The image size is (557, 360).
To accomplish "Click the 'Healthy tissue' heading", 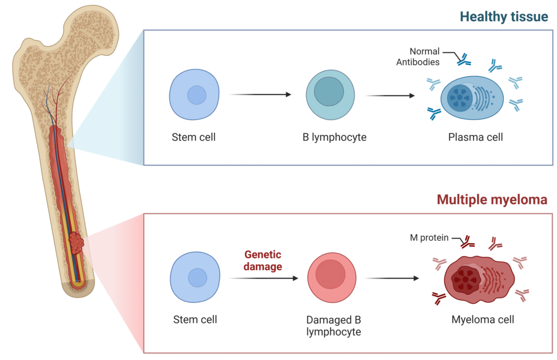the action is click(x=504, y=17).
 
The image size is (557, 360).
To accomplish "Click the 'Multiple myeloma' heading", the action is click(x=492, y=200).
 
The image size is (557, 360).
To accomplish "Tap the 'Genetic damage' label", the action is click(x=263, y=260).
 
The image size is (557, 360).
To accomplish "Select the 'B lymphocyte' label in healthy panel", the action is click(x=335, y=137).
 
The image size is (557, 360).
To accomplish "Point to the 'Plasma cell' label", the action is click(x=475, y=137).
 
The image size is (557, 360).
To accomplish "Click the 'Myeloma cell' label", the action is click(x=482, y=320).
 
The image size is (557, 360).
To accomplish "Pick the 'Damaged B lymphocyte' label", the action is click(x=333, y=326).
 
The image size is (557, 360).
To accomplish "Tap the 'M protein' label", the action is click(x=429, y=238).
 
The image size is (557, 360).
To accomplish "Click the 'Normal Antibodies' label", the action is click(x=418, y=57).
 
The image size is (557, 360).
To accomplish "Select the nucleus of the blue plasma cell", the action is click(x=460, y=98).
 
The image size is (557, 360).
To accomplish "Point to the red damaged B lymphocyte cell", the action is click(x=332, y=278).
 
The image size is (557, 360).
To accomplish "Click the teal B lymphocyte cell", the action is click(x=330, y=95).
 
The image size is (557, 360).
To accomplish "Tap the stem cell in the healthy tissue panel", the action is click(x=194, y=95).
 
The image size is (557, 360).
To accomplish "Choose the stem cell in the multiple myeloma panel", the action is click(x=195, y=277).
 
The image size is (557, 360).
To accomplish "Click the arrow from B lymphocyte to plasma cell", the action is click(x=391, y=96).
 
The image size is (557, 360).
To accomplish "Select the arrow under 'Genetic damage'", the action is click(x=264, y=278).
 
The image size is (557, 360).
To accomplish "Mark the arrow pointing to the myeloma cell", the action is click(x=392, y=278).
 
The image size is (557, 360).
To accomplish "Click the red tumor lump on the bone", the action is click(x=76, y=243).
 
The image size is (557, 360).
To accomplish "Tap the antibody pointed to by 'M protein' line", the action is click(x=467, y=242).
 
